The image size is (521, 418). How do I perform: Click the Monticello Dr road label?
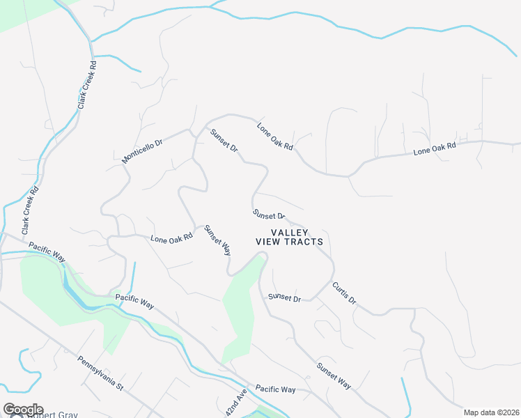click(141, 151)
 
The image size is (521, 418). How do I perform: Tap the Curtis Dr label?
click(344, 293)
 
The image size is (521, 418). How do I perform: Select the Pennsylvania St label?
click(100, 374)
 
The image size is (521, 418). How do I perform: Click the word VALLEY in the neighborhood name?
click(289, 232)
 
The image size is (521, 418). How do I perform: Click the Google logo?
click(23, 410)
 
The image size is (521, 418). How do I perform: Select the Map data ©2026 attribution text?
click(491, 412)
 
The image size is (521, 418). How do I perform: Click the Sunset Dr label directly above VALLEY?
click(268, 215)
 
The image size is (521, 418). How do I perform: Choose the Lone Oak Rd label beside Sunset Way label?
click(171, 238)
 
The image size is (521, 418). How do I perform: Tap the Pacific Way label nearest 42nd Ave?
click(275, 389)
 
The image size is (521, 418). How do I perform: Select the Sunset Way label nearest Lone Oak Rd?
click(217, 239)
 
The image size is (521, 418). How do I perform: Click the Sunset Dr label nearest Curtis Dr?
click(284, 297)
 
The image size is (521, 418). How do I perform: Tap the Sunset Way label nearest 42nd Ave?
click(333, 376)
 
